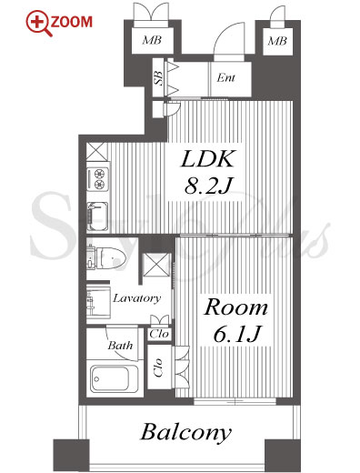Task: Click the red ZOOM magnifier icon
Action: pos(37,24)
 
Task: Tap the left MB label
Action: pos(152,40)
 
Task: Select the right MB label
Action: pos(277,41)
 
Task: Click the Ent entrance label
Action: pos(226,78)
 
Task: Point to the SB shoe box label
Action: pos(159,77)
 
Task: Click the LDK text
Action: pos(207,158)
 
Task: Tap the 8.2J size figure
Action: pos(208,186)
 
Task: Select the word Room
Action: pos(235,307)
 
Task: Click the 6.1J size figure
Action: pos(236,334)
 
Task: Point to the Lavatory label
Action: pos(136,298)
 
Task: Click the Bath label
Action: pos(120,346)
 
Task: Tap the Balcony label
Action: pos(186,432)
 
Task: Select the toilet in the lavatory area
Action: pos(106,258)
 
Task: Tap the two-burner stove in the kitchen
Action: pos(98,179)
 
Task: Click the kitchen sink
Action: pos(97,216)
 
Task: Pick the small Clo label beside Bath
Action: pos(159,334)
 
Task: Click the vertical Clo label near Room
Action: pos(158,367)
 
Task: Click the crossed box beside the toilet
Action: pos(156,265)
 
